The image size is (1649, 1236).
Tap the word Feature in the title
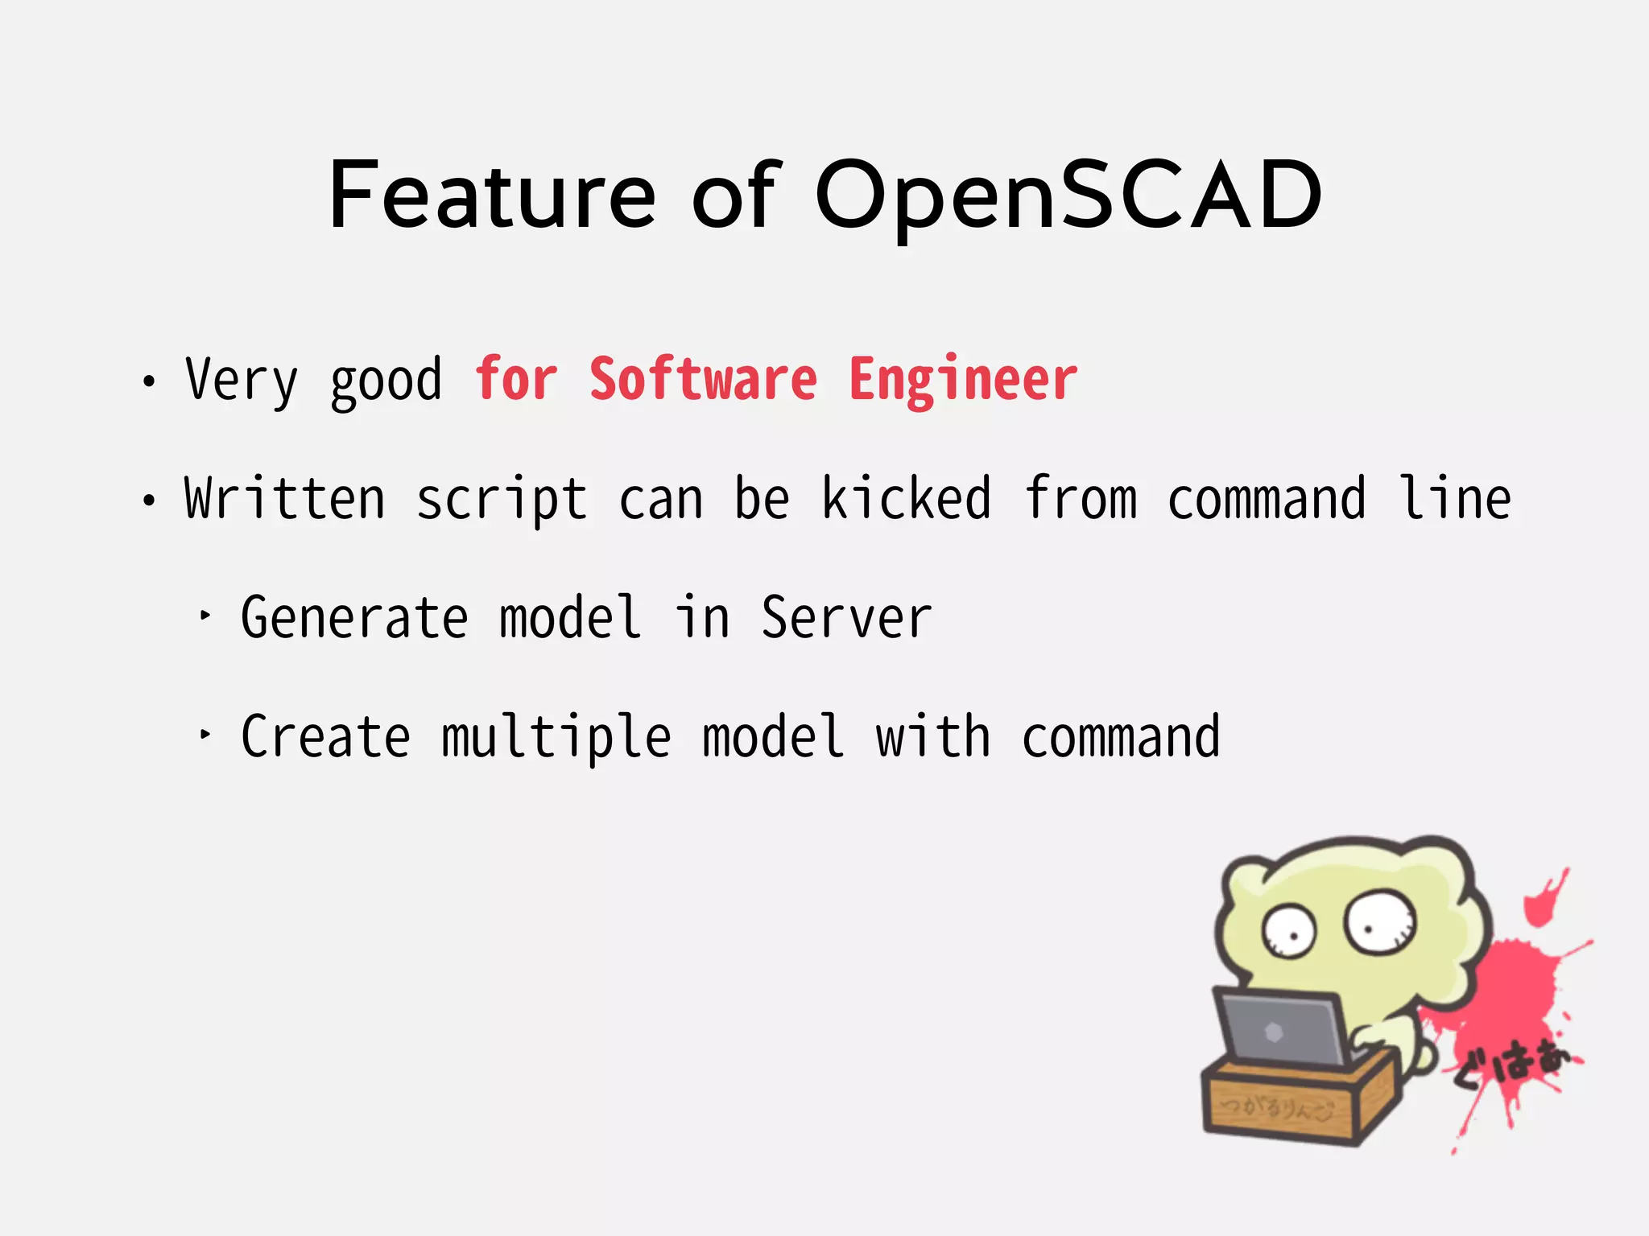[x=493, y=196]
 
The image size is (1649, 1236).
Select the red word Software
[x=703, y=379]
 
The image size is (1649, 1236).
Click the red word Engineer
[x=963, y=379]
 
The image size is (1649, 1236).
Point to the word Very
[x=242, y=379]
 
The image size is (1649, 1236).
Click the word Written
[x=285, y=499]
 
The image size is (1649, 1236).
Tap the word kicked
[x=906, y=499]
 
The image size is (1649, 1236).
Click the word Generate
[x=354, y=618]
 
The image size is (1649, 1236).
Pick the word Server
[x=846, y=618]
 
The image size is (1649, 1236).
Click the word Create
[x=325, y=737]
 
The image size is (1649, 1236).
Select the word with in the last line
[x=932, y=737]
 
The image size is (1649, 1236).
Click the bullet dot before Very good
[x=148, y=381]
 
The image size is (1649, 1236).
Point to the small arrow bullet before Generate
[x=205, y=616]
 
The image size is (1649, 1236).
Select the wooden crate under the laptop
[x=1288, y=1102]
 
